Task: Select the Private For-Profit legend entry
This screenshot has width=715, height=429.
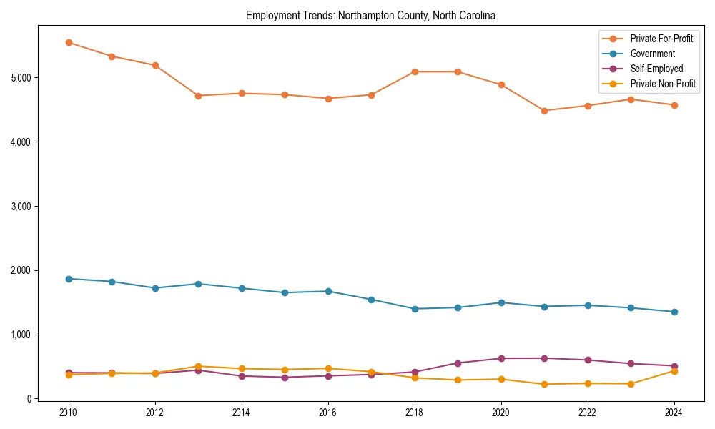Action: (661, 39)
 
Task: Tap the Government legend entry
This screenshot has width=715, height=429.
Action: (652, 54)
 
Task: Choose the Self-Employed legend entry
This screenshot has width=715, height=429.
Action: (656, 69)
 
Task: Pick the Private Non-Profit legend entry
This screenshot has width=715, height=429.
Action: (663, 84)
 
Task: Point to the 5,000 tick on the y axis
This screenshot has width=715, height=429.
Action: (21, 77)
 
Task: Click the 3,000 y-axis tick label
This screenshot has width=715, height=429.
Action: (21, 206)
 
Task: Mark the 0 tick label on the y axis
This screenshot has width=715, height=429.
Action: (29, 399)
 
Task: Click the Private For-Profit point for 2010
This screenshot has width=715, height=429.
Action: (69, 42)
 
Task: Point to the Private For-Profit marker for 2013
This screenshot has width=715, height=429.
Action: (198, 96)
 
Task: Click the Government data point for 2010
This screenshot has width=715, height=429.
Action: (69, 279)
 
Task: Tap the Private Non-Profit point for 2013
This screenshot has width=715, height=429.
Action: (198, 366)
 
